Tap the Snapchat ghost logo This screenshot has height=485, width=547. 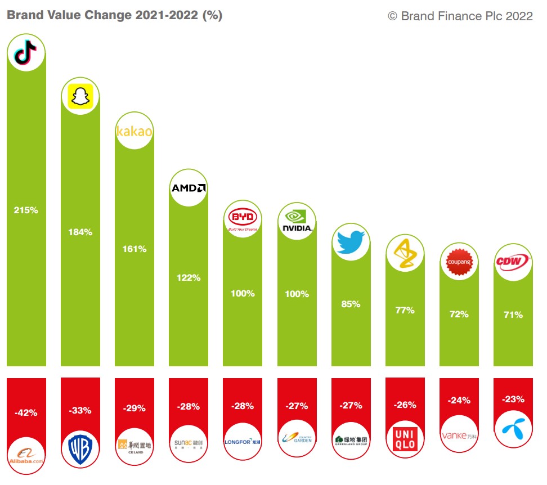80,96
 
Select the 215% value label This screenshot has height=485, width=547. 26,210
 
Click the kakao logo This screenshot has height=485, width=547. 134,132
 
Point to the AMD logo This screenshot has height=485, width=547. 189,187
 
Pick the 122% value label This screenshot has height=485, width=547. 189,277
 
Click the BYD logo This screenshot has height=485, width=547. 243,219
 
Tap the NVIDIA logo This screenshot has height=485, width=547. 297,221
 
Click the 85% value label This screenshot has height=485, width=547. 351,304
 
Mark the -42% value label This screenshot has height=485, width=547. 26,412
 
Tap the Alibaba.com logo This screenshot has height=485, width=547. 26,455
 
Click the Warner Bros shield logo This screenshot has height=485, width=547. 80,449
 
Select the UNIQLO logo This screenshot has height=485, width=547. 405,439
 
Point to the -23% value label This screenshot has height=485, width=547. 513,399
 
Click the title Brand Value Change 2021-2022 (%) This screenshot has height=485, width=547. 114,15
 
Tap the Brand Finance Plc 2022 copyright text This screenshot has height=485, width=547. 460,16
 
